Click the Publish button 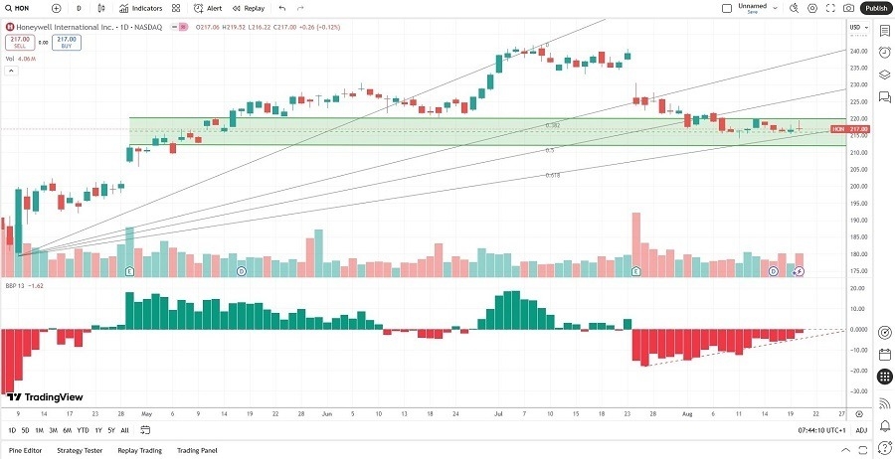(x=875, y=8)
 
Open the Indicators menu (x=141, y=8)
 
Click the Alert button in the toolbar (x=209, y=8)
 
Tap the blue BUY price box (x=67, y=42)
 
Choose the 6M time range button (x=67, y=430)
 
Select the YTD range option (x=83, y=430)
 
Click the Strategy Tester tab (x=80, y=450)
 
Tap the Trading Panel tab (x=197, y=450)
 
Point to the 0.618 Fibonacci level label (x=552, y=175)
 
